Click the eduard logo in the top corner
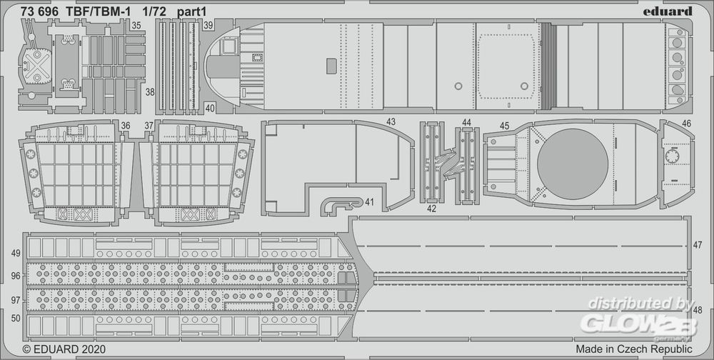pyautogui.click(x=666, y=11)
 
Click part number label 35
pyautogui.click(x=136, y=25)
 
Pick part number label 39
pyautogui.click(x=208, y=25)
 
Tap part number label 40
pyautogui.click(x=209, y=108)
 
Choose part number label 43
pyautogui.click(x=391, y=122)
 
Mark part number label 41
pyautogui.click(x=368, y=203)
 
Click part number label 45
pyautogui.click(x=504, y=126)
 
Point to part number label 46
pyautogui.click(x=686, y=124)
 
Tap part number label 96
pyautogui.click(x=16, y=275)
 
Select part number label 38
pyautogui.click(x=149, y=92)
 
